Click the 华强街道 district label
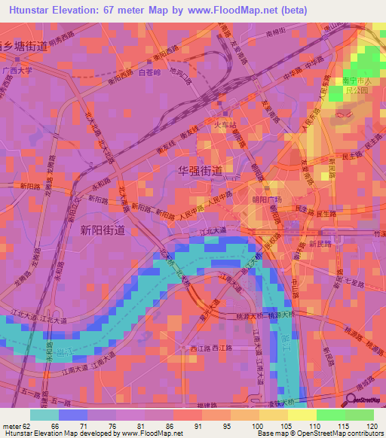(x=199, y=171)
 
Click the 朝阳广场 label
(x=266, y=199)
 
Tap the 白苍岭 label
(x=151, y=72)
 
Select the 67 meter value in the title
(x=130, y=8)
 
